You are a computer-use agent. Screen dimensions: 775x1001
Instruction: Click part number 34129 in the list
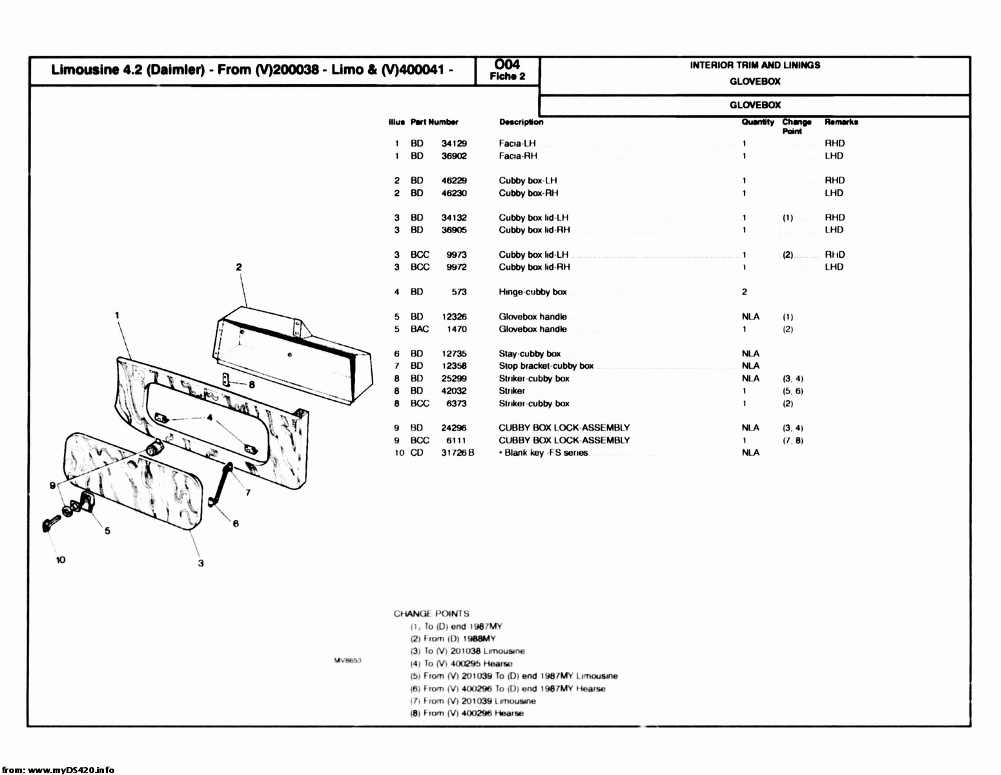pyautogui.click(x=454, y=143)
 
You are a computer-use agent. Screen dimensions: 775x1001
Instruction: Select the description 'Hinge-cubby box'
pyautogui.click(x=532, y=292)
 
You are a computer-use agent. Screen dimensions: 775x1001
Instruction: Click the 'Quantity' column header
pyautogui.click(x=757, y=122)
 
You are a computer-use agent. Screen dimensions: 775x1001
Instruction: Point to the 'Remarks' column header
pyautogui.click(x=841, y=122)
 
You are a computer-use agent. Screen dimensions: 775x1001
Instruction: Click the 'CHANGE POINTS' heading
pyautogui.click(x=431, y=614)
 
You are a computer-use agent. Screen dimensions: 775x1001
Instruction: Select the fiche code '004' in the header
pyautogui.click(x=507, y=64)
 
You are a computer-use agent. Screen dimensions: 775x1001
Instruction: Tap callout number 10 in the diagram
pyautogui.click(x=60, y=560)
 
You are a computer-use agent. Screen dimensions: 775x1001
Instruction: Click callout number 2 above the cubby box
pyautogui.click(x=238, y=267)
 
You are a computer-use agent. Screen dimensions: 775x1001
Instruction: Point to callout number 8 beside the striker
pyautogui.click(x=252, y=384)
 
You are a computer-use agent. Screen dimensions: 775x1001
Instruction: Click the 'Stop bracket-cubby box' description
pyautogui.click(x=546, y=366)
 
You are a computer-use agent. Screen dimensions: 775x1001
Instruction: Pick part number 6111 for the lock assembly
pyautogui.click(x=456, y=440)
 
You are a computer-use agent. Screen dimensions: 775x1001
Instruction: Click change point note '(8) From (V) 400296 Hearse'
pyautogui.click(x=467, y=713)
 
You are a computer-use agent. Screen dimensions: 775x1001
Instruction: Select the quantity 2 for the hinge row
pyautogui.click(x=745, y=292)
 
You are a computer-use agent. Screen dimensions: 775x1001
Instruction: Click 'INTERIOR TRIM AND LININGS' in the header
pyautogui.click(x=755, y=65)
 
